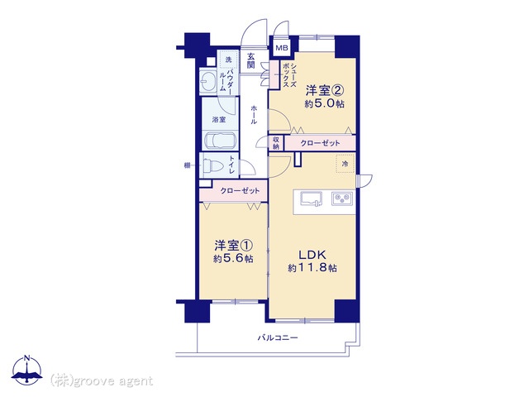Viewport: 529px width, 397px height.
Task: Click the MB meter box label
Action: pos(282,48)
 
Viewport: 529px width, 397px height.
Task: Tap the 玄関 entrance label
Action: pos(250,60)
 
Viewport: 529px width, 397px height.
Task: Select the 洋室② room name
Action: pos(324,90)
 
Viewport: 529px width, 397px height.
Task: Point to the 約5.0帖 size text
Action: pos(324,103)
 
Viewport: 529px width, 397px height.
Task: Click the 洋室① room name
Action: pos(233,246)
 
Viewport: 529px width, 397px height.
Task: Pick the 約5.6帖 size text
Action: pos(233,259)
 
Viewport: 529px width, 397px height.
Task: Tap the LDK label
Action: pos(312,255)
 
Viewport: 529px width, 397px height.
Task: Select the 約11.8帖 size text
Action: pos(312,268)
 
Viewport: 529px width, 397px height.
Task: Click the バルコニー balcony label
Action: pos(278,337)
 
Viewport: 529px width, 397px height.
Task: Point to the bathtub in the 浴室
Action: pos(221,140)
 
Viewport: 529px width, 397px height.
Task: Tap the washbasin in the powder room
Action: pos(207,81)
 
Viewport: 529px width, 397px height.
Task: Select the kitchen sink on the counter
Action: pos(311,198)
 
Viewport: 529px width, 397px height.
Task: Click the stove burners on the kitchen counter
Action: pos(342,198)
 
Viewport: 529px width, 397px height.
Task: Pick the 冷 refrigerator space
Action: pos(346,164)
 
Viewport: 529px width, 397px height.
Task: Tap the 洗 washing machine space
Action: pos(228,60)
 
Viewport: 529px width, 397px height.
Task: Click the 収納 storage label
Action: pos(276,143)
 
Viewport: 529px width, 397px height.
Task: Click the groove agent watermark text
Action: pos(102,380)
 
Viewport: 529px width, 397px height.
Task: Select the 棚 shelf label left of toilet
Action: pos(187,165)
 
